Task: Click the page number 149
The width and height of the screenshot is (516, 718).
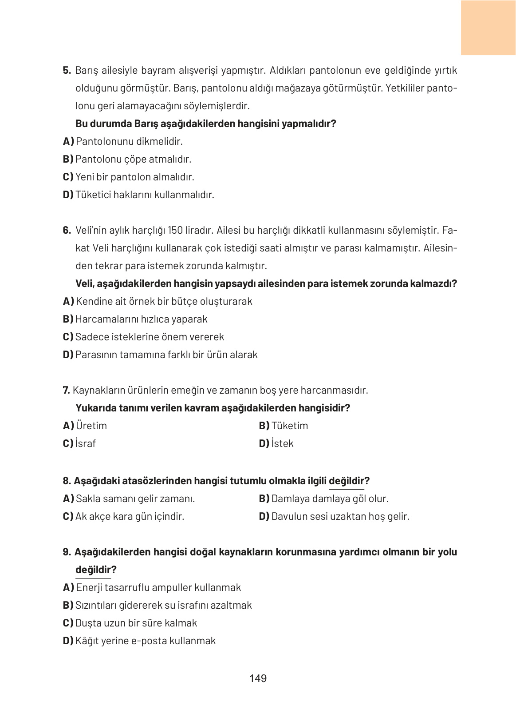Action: [x=258, y=678]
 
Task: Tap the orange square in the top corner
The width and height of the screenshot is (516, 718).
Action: [x=488, y=28]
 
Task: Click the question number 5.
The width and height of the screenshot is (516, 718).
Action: [x=67, y=70]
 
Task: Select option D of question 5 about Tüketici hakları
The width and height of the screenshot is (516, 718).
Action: [x=138, y=195]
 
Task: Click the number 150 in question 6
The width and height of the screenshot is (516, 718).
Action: [x=175, y=230]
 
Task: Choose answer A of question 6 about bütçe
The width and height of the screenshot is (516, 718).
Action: [x=158, y=301]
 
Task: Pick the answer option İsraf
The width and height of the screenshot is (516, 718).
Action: [x=80, y=443]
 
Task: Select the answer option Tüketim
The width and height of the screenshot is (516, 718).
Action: [x=284, y=426]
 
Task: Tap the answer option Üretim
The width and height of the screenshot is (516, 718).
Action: [x=85, y=426]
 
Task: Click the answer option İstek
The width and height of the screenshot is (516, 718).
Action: [x=276, y=443]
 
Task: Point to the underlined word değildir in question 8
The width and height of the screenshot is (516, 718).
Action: [x=346, y=481]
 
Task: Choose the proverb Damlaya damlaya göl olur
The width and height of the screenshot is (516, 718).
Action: [x=323, y=499]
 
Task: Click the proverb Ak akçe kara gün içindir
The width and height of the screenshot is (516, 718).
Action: [x=123, y=516]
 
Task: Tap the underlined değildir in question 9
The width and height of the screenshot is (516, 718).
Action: [x=93, y=570]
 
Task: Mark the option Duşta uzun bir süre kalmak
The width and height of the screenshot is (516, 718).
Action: [x=130, y=623]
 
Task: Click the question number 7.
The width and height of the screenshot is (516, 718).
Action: [x=66, y=390]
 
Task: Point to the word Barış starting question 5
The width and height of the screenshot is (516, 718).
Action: [x=86, y=70]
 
